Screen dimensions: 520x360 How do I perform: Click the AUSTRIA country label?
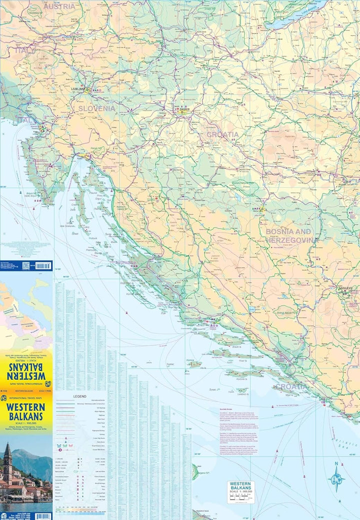click(59, 7)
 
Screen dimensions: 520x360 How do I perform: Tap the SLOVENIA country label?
click(95, 108)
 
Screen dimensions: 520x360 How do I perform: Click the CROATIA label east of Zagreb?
click(222, 135)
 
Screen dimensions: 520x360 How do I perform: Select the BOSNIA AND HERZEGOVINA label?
click(291, 236)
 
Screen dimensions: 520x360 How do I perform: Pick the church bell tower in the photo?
click(7, 463)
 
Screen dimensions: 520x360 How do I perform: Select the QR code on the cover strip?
click(25, 265)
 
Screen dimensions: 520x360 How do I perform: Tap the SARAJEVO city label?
click(345, 288)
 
